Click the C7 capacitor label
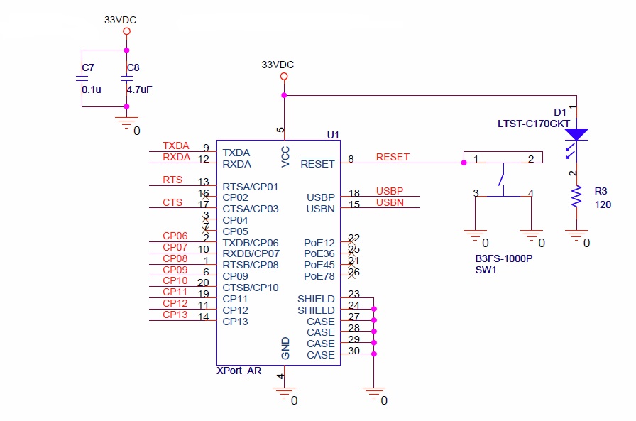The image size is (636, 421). point(88,67)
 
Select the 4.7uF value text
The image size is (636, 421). point(139,89)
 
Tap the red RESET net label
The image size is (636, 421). point(393,157)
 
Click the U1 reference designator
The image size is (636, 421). point(333,135)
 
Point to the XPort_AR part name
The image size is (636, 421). point(239,371)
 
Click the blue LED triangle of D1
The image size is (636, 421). point(576,134)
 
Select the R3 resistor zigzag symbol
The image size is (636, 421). point(576,197)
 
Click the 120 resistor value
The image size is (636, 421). point(603,204)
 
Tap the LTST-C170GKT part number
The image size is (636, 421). point(534,124)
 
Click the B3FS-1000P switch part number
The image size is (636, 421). point(504,258)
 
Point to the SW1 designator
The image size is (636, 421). point(486,270)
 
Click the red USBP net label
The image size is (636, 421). point(390,191)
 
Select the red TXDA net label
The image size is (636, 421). point(176,146)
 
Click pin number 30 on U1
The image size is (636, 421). point(353,351)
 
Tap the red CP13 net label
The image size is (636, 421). point(175,315)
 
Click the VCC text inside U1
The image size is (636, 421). point(285,157)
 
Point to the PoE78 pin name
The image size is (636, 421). point(319,276)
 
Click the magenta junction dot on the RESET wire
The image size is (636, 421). point(464,163)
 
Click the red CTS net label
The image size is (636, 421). point(172,202)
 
